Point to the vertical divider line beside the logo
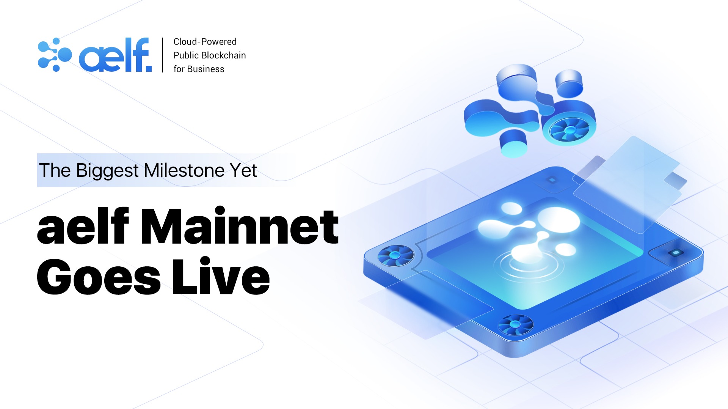click(x=163, y=55)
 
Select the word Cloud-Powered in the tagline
click(x=205, y=42)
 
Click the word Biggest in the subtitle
click(x=107, y=171)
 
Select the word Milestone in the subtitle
click(x=184, y=170)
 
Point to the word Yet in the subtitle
click(x=243, y=170)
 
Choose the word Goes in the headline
click(x=99, y=277)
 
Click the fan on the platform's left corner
click(x=395, y=255)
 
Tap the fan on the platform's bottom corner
click(x=515, y=324)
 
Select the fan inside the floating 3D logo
click(x=569, y=130)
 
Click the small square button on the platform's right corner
click(x=675, y=253)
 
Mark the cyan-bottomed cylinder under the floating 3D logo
click(x=514, y=143)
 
